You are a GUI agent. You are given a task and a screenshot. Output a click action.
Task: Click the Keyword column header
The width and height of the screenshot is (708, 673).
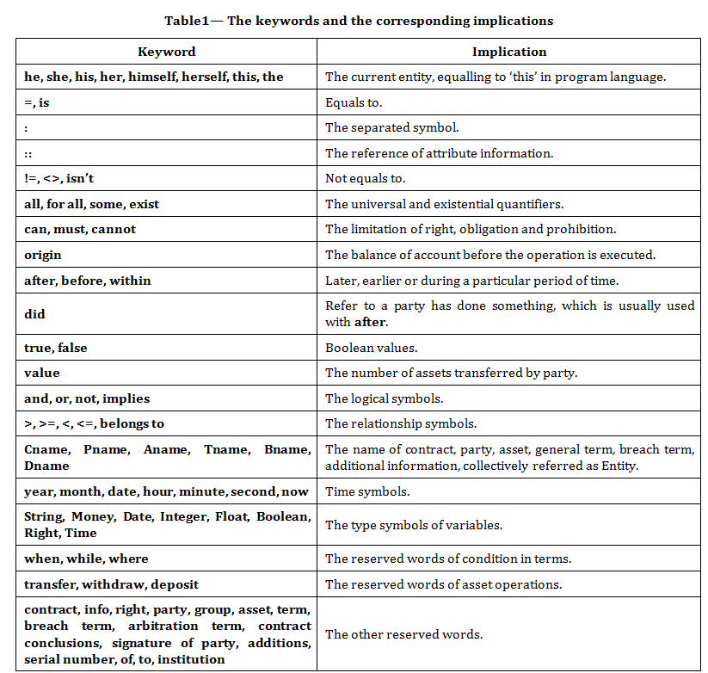click(166, 52)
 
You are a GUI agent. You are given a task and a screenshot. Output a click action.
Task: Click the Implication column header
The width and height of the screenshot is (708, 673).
click(509, 52)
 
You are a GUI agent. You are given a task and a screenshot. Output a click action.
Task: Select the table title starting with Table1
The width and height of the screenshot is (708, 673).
click(360, 20)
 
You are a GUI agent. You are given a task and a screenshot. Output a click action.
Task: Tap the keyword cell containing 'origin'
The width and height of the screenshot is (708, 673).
click(43, 255)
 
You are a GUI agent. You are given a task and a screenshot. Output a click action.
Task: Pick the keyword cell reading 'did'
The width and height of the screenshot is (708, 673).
click(34, 314)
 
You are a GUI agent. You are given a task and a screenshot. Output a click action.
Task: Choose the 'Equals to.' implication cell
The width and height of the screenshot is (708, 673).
click(354, 102)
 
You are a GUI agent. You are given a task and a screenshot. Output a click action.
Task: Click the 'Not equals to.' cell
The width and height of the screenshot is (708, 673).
click(365, 178)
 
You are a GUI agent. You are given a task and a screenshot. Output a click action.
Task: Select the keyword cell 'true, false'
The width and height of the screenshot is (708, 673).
click(56, 348)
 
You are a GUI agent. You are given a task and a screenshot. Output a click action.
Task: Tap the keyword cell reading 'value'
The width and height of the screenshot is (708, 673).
click(42, 373)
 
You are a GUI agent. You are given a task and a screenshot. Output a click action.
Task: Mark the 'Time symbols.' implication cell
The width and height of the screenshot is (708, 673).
click(367, 491)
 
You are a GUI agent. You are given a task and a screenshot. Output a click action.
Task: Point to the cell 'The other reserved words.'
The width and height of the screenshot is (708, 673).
click(403, 634)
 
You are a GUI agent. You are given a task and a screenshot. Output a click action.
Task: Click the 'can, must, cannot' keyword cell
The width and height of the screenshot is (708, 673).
click(80, 229)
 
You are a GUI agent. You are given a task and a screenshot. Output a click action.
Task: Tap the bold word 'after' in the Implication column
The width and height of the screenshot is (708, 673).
click(371, 323)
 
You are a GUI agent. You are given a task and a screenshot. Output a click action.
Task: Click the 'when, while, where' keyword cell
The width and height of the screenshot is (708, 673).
click(86, 559)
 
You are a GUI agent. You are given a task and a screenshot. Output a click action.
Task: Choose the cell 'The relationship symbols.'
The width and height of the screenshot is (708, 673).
click(401, 423)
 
